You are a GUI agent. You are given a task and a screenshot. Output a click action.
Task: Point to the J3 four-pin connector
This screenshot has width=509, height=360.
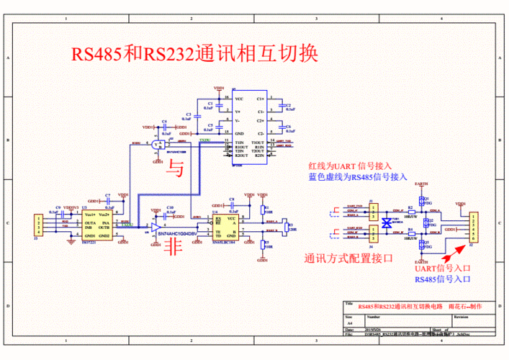(38, 225)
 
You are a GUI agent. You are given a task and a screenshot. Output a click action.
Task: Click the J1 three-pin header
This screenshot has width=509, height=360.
(374, 211)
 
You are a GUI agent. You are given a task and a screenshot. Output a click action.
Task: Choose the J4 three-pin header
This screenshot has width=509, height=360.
(374, 231)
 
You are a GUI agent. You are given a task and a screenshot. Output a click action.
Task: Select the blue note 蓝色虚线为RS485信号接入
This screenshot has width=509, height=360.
(358, 176)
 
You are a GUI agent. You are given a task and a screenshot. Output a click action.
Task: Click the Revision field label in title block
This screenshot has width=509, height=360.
(461, 316)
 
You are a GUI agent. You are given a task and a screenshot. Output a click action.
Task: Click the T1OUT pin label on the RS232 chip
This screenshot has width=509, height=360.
(258, 143)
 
